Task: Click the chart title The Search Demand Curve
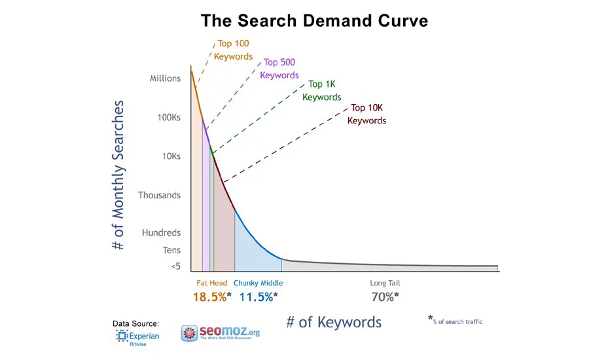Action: [314, 20]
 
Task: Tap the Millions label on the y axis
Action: [165, 79]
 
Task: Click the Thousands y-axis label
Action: [159, 195]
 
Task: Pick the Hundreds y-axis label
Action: [161, 232]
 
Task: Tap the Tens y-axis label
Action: [171, 250]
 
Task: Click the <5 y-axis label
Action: [175, 266]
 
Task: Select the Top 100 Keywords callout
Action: [234, 50]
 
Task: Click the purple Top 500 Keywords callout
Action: [279, 69]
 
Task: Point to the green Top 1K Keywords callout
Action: [321, 91]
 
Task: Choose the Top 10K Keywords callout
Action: [366, 114]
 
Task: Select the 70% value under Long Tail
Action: [384, 297]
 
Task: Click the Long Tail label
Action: [385, 283]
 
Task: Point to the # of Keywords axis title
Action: [334, 322]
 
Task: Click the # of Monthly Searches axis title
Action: [118, 175]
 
